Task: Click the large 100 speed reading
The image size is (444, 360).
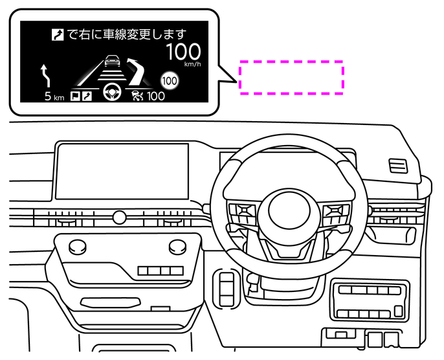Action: coord(184,52)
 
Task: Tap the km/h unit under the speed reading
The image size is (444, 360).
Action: coord(192,65)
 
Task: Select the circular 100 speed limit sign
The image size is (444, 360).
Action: coord(170,80)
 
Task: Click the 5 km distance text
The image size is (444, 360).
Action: coord(54,97)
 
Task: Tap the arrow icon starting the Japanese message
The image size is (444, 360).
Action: coord(58,34)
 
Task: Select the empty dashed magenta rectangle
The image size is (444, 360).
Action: coord(291,78)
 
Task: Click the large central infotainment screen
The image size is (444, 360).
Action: coord(122,171)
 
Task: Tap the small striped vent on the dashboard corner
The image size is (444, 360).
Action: coord(397,166)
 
